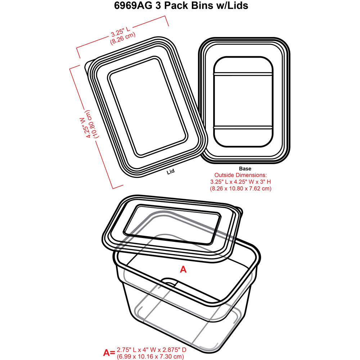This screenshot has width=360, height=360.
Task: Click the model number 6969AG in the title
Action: [x=133, y=5]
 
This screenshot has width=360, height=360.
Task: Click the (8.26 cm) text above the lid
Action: [x=123, y=39]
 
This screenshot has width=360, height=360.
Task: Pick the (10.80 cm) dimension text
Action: [x=91, y=124]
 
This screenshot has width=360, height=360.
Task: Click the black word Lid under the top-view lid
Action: [x=171, y=171]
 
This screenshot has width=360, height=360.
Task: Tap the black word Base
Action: [x=245, y=169]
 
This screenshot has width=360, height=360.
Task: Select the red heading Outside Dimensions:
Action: [x=240, y=175]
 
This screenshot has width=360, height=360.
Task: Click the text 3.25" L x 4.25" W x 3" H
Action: [x=240, y=182]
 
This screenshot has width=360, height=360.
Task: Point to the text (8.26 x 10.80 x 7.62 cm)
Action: [x=240, y=189]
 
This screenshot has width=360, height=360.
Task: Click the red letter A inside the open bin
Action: [x=183, y=269]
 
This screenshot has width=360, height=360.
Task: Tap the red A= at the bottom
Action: [x=109, y=352]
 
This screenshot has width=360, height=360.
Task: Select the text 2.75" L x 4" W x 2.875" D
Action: [x=151, y=350]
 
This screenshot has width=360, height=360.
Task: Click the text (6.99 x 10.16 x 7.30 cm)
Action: [x=150, y=356]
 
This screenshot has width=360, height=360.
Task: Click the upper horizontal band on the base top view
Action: [x=243, y=75]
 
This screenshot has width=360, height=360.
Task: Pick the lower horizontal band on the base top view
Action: [x=243, y=127]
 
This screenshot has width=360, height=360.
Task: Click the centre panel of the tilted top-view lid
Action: [x=148, y=107]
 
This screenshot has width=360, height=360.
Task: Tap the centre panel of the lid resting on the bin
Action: [x=172, y=225]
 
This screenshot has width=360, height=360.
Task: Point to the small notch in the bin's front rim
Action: [x=170, y=282]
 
